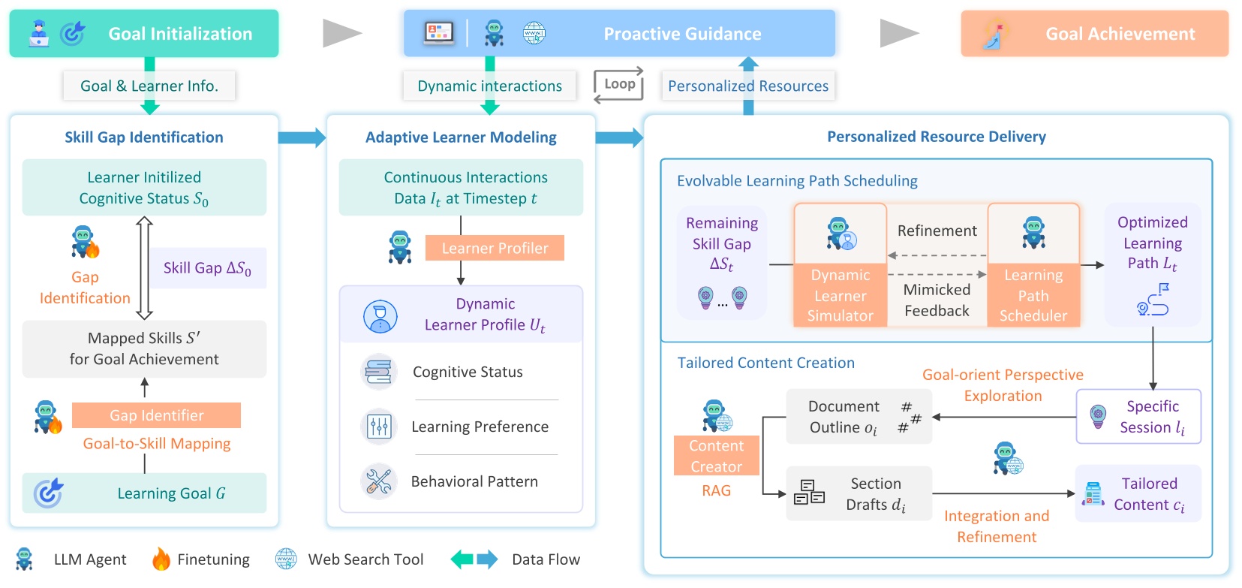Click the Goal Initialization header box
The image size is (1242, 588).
pyautogui.click(x=144, y=34)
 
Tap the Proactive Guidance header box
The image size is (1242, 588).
pyautogui.click(x=619, y=34)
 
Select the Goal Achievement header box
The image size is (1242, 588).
pyautogui.click(x=1094, y=34)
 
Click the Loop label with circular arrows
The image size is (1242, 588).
pyautogui.click(x=619, y=85)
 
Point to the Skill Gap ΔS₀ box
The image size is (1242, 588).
pyautogui.click(x=207, y=268)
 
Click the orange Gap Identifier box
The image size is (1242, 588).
pyautogui.click(x=156, y=415)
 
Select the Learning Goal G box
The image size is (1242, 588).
pyautogui.click(x=144, y=493)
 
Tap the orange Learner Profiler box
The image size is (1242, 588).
pyautogui.click(x=495, y=249)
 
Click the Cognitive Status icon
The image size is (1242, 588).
pyautogui.click(x=378, y=372)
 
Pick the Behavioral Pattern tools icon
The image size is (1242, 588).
pyautogui.click(x=378, y=481)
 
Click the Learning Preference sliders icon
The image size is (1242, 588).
pyautogui.click(x=378, y=427)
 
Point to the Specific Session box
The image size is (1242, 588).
pyautogui.click(x=1138, y=417)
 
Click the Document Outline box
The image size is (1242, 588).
pyautogui.click(x=859, y=417)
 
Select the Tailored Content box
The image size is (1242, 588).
pyautogui.click(x=1138, y=494)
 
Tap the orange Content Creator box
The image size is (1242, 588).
pyautogui.click(x=716, y=456)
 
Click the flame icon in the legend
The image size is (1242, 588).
pyautogui.click(x=161, y=559)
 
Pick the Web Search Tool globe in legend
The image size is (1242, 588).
pyautogui.click(x=286, y=559)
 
